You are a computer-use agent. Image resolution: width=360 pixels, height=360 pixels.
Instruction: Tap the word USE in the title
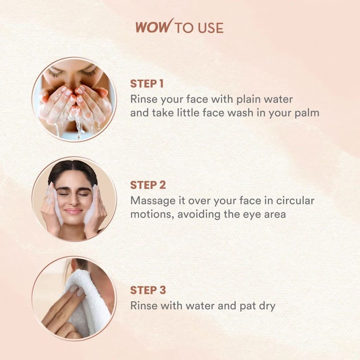click(x=210, y=28)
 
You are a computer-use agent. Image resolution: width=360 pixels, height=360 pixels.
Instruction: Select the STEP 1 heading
click(x=147, y=84)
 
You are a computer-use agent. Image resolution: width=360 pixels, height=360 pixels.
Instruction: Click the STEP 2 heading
click(x=148, y=185)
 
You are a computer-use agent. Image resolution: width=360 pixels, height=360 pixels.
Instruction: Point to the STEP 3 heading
click(x=148, y=290)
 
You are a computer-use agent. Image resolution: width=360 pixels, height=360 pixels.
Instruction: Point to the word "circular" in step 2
click(x=295, y=201)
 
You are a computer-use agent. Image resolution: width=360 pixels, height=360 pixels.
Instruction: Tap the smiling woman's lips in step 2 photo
click(x=73, y=211)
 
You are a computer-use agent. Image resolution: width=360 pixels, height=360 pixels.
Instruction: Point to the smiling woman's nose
click(x=74, y=200)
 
